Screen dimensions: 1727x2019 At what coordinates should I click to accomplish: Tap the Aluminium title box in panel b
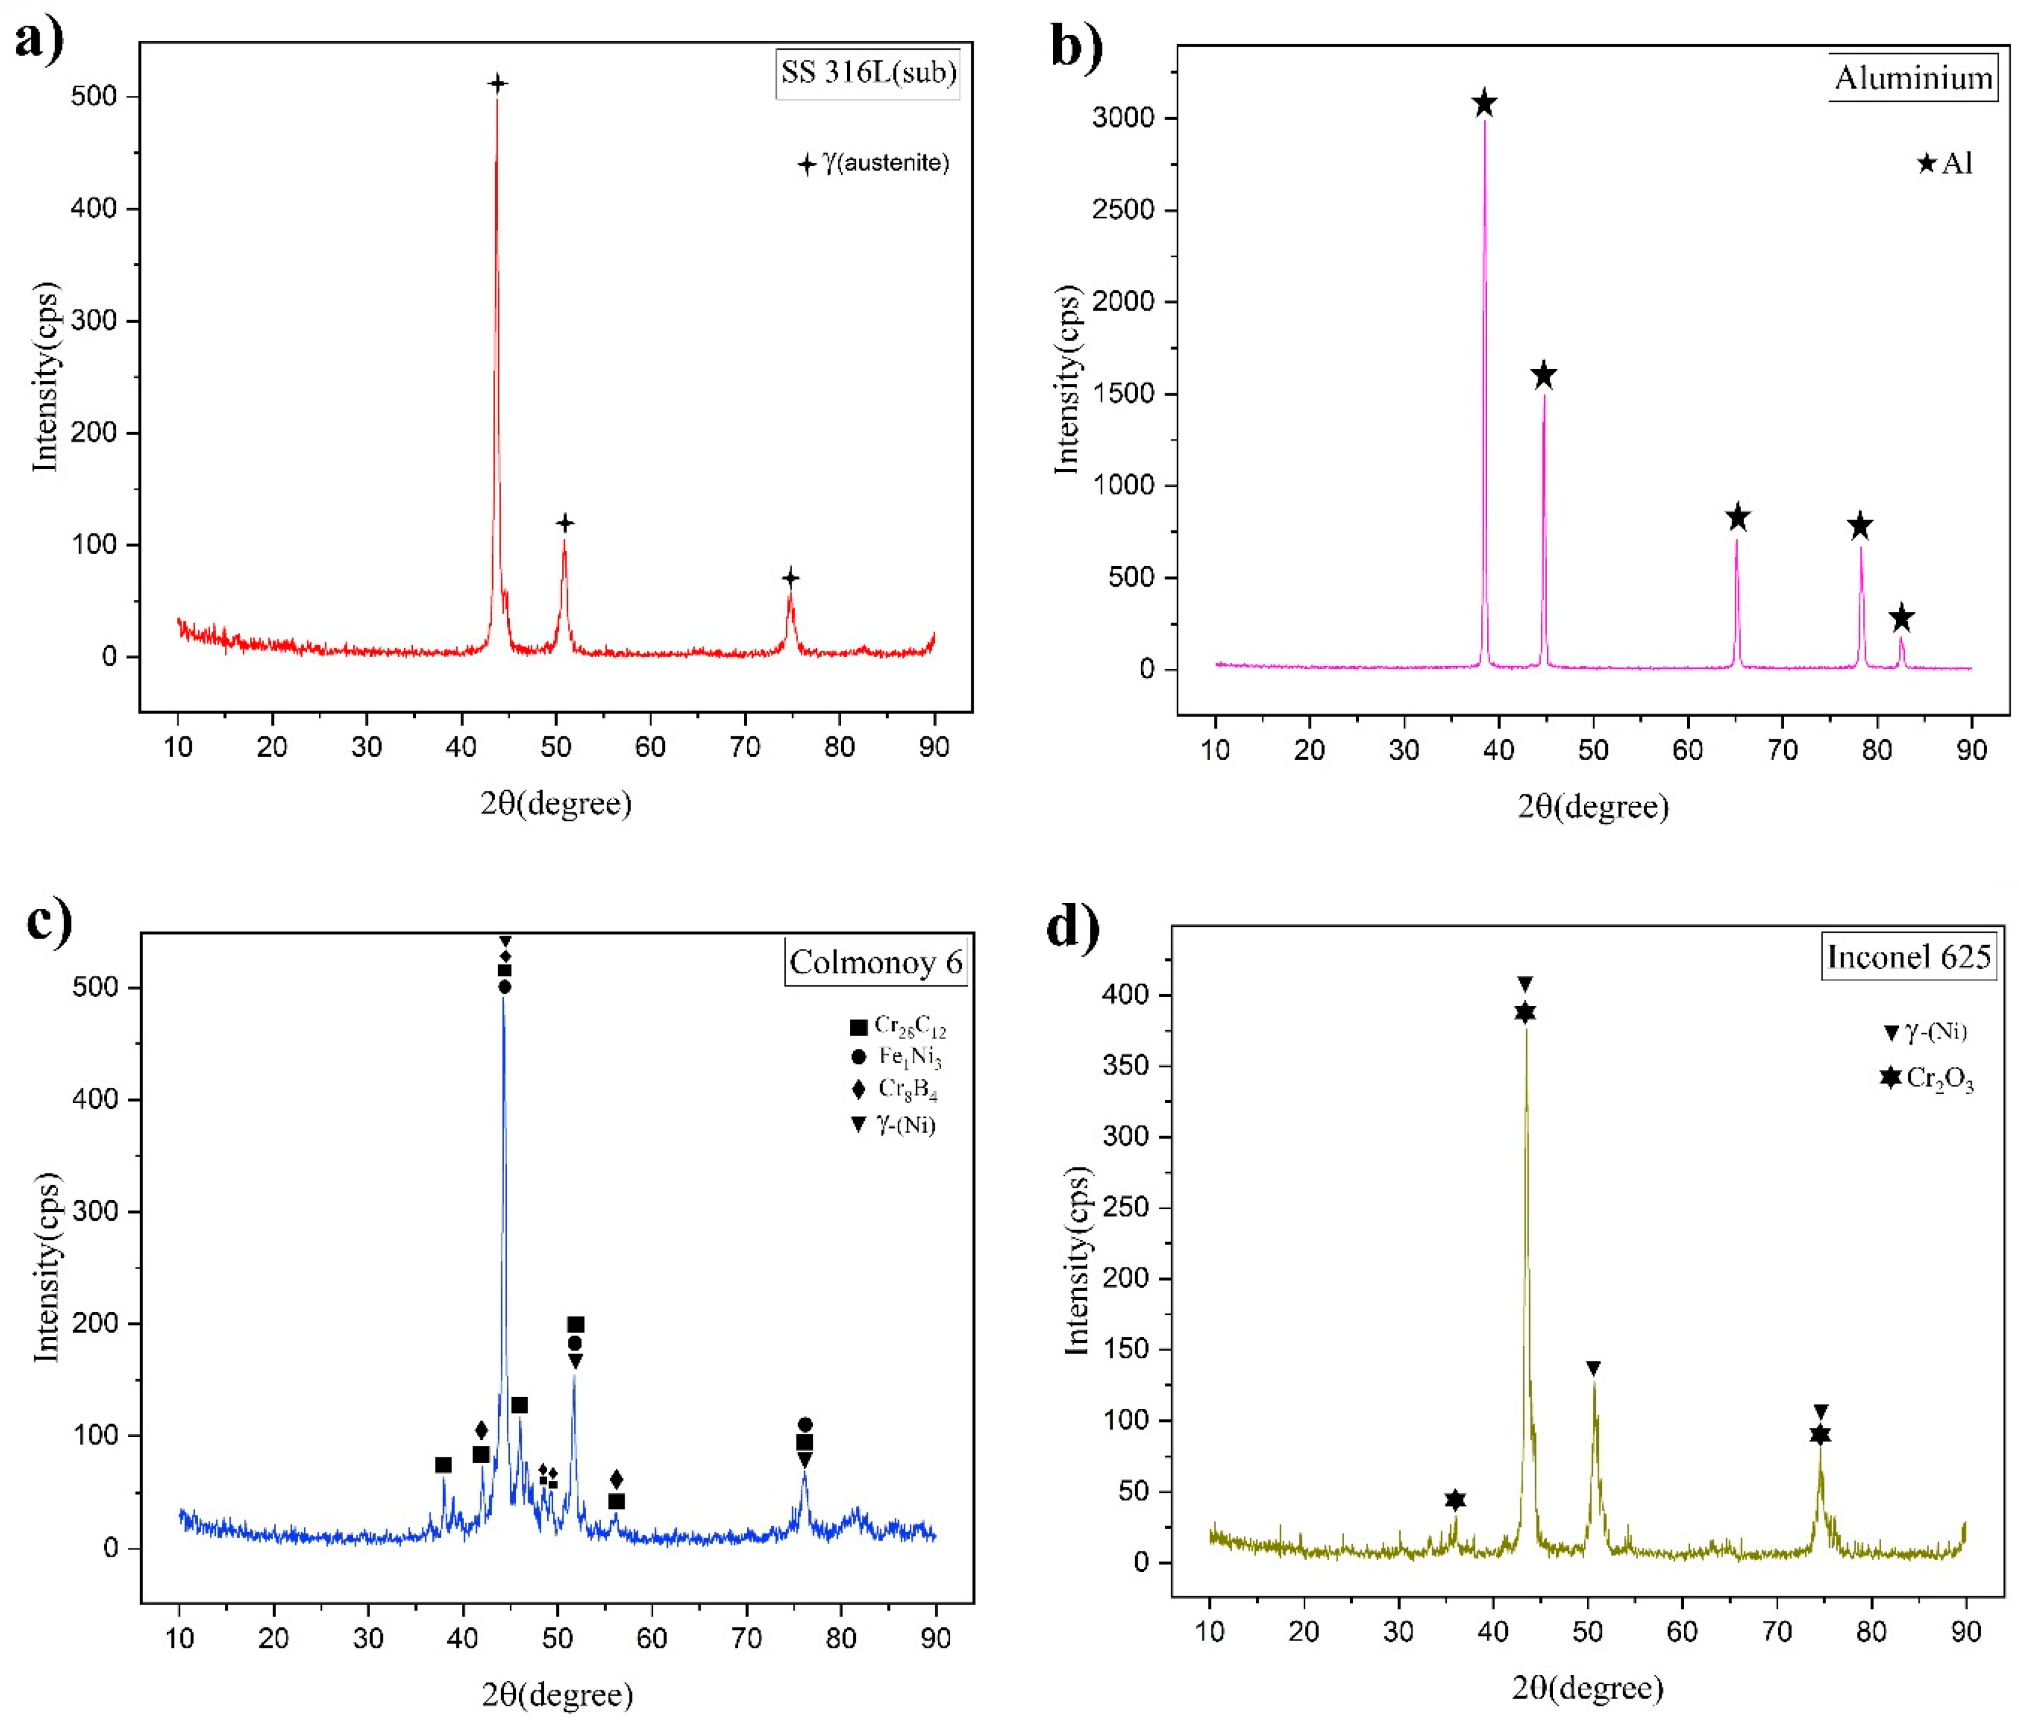1913,78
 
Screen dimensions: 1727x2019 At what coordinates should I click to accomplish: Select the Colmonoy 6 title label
875,962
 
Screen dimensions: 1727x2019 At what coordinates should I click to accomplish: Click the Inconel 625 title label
1908,956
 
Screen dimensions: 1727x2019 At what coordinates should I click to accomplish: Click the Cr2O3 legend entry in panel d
1927,1078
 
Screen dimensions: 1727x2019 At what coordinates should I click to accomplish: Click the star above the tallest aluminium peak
1484,104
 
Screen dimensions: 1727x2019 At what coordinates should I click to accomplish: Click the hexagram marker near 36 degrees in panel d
1455,1500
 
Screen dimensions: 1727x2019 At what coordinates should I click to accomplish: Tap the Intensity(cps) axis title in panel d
1076,1259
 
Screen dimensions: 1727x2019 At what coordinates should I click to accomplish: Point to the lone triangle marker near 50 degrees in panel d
1593,1369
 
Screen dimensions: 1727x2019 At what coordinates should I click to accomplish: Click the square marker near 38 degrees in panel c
443,1465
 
